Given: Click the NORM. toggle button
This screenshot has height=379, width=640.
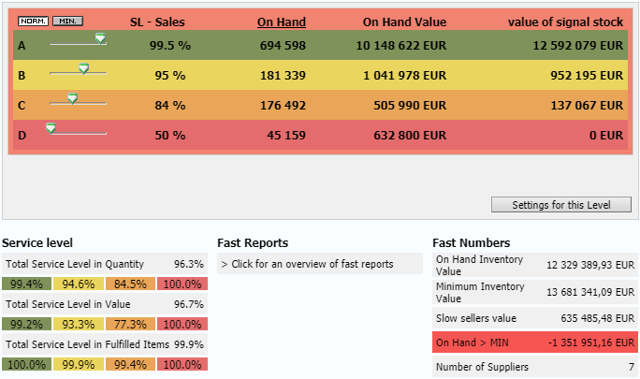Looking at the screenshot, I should pyautogui.click(x=33, y=21).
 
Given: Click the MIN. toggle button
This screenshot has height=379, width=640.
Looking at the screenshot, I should pyautogui.click(x=67, y=21).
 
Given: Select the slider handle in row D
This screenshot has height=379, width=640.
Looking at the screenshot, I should pyautogui.click(x=51, y=128).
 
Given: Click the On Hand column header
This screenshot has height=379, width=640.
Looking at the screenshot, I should pyautogui.click(x=281, y=22).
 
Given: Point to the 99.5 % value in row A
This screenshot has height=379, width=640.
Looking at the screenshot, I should pyautogui.click(x=169, y=45).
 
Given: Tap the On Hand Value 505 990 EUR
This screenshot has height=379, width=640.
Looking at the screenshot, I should pyautogui.click(x=404, y=105).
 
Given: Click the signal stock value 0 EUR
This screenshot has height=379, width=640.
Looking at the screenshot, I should pyautogui.click(x=605, y=135).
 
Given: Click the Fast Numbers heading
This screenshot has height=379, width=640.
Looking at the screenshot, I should pyautogui.click(x=471, y=242).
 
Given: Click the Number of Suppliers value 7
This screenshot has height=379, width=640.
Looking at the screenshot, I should pyautogui.click(x=632, y=367).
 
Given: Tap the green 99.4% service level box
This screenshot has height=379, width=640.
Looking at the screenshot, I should pyautogui.click(x=27, y=284).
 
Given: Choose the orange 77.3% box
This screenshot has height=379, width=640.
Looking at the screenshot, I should pyautogui.click(x=129, y=324).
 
